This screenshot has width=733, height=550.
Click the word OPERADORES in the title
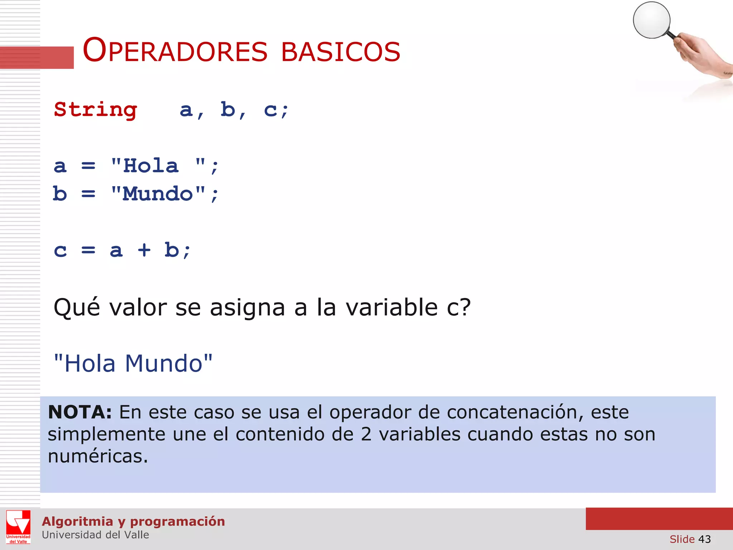pyautogui.click(x=175, y=51)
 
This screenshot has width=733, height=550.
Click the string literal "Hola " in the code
pyautogui.click(x=158, y=166)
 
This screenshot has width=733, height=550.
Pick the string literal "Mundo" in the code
pyautogui.click(x=158, y=194)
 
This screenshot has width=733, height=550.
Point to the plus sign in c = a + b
pyautogui.click(x=144, y=250)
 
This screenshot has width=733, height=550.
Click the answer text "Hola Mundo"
pyautogui.click(x=133, y=363)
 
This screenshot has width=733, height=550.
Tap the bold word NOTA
pyautogui.click(x=80, y=412)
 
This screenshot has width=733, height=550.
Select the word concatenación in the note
pyautogui.click(x=512, y=412)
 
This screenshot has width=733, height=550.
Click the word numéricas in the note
pyautogui.click(x=98, y=456)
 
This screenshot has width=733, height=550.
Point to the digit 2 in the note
pyautogui.click(x=366, y=434)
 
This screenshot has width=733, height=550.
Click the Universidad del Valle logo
pyautogui.click(x=18, y=527)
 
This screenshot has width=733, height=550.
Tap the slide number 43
pyautogui.click(x=704, y=539)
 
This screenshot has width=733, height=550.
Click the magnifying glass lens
pyautogui.click(x=651, y=20)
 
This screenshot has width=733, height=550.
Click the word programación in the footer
pyautogui.click(x=178, y=521)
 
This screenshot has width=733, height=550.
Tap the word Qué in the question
pyautogui.click(x=77, y=307)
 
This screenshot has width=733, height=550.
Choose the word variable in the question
pyautogui.click(x=392, y=307)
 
